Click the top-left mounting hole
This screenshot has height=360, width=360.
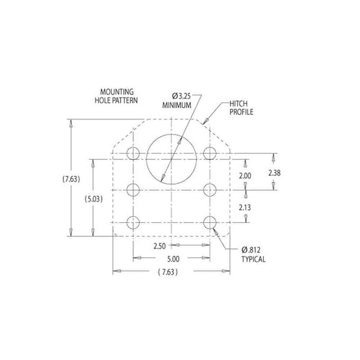click(x=133, y=153)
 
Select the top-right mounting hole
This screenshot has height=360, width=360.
click(x=209, y=153)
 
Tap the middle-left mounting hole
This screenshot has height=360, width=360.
click(x=133, y=190)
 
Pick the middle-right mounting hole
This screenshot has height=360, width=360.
click(x=209, y=190)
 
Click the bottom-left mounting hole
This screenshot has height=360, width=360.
click(x=133, y=222)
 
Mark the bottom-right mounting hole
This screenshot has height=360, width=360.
click(x=209, y=222)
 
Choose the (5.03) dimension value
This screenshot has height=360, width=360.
click(x=93, y=198)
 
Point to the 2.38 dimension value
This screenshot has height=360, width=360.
click(x=274, y=172)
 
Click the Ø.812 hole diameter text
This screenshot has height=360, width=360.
click(x=252, y=250)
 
